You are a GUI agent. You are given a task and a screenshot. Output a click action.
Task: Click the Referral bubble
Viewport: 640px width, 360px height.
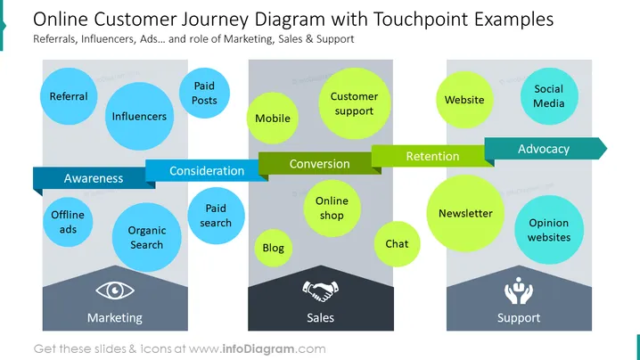point(69,96)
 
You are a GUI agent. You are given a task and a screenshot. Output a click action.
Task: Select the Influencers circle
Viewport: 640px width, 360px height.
point(139,117)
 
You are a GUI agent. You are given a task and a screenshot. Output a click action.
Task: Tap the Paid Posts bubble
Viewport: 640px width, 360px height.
point(204,93)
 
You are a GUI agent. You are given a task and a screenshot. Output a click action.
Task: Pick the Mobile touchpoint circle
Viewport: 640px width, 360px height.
point(273,118)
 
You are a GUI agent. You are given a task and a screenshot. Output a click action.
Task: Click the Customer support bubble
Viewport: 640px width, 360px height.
point(354,103)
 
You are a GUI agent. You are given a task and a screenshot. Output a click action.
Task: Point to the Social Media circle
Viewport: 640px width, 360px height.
point(549,96)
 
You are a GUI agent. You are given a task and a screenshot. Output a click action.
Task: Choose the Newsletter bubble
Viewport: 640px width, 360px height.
point(465,213)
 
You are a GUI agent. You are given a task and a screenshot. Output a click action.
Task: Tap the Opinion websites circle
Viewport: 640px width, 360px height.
point(549,230)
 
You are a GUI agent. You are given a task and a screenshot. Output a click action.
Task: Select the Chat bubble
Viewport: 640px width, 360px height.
point(397,244)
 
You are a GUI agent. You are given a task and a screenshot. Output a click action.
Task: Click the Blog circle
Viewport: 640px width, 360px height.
point(273,248)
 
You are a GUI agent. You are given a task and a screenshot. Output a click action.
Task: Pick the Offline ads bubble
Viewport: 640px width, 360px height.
point(68,222)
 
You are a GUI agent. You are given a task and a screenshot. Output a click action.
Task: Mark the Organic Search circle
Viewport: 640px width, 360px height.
point(146,238)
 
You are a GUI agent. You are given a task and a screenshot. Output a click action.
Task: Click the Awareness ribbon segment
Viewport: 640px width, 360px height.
point(94,178)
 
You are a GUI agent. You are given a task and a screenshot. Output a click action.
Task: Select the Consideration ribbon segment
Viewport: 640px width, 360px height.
point(207,170)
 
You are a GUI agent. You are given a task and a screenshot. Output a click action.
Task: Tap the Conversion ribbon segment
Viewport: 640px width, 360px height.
point(319,163)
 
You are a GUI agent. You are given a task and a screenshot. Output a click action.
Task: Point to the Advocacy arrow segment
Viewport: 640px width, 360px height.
point(546,149)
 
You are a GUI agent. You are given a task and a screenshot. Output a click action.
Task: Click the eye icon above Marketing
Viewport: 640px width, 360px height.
point(115,290)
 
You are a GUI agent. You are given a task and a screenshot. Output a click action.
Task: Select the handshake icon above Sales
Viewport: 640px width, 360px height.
point(320,290)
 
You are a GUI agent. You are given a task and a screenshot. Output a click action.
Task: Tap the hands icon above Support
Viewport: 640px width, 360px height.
point(519,290)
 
